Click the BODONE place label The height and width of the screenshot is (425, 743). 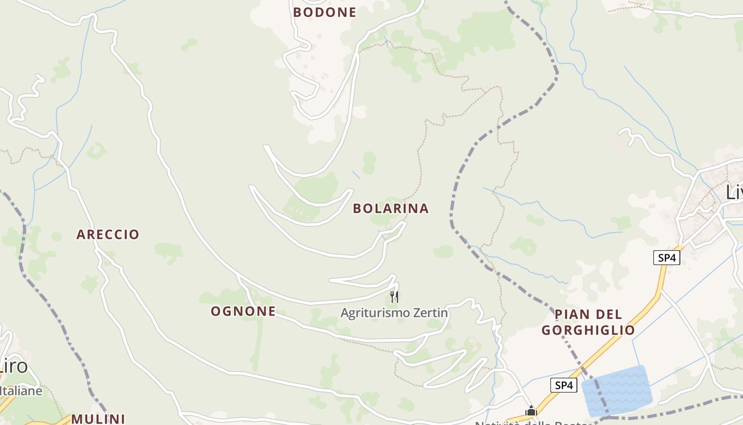[x=324, y=12]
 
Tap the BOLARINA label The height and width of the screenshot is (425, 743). [x=391, y=208]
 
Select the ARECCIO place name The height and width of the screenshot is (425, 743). [x=108, y=234]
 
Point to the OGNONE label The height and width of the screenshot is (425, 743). [x=243, y=311]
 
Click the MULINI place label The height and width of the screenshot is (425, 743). [x=98, y=419]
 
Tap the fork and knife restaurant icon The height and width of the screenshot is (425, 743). [x=394, y=296]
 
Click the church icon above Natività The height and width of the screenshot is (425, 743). [x=531, y=411]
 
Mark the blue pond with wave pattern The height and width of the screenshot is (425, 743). [x=617, y=390]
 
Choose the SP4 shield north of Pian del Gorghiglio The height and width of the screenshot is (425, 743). [x=666, y=258]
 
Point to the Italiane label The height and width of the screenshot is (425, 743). [x=20, y=391]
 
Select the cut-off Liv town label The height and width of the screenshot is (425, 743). [x=734, y=192]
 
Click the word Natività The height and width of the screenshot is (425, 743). [x=498, y=423]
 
